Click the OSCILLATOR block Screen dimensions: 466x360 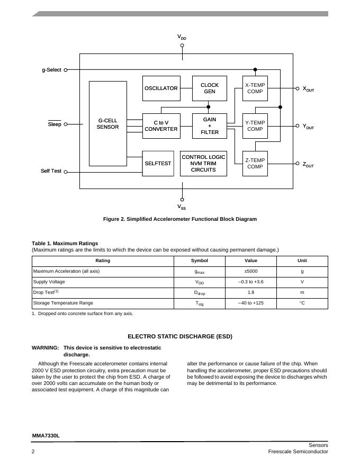click(x=161, y=88)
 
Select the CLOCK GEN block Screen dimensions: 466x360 click(x=210, y=88)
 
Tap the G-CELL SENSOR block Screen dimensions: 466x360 click(x=107, y=123)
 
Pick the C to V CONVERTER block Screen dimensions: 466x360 click(x=161, y=126)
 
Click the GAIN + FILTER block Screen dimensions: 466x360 click(x=210, y=126)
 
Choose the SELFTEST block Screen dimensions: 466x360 click(x=158, y=164)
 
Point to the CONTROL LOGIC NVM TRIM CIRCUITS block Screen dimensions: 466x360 click(x=203, y=164)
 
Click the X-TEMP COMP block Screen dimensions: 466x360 click(x=255, y=88)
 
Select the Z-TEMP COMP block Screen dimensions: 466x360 click(x=255, y=164)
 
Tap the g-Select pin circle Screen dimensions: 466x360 click(x=66, y=70)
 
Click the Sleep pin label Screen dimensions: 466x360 click(x=55, y=124)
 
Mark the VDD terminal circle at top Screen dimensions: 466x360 click(x=182, y=45)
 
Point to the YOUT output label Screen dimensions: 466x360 click(x=308, y=127)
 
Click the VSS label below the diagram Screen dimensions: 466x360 click(x=182, y=207)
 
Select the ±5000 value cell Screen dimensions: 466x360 click(x=250, y=271)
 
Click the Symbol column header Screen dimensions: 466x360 click(x=200, y=261)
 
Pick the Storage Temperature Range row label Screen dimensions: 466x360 click(x=63, y=303)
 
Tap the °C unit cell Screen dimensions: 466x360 click(x=302, y=303)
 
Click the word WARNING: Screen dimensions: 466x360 click(x=46, y=348)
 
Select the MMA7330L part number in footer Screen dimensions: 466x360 click(x=46, y=436)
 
